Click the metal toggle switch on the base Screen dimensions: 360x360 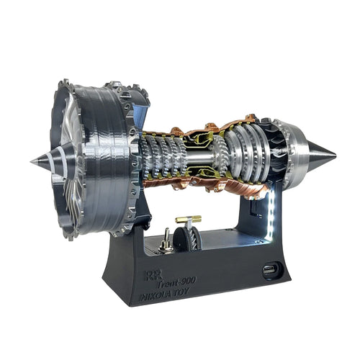pyautogui.click(x=166, y=238)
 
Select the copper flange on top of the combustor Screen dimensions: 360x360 pyautogui.click(x=209, y=127)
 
